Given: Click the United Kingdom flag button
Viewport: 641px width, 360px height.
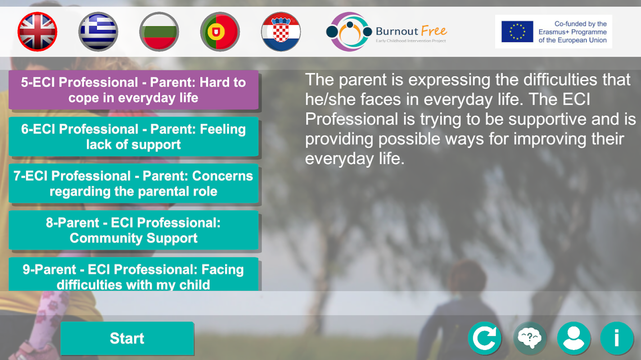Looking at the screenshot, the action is click(x=37, y=31).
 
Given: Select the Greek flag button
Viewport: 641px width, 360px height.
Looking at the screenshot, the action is click(x=98, y=31).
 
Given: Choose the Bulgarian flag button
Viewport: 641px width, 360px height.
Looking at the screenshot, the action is click(x=159, y=31).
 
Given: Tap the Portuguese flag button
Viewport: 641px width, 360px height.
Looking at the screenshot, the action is click(x=220, y=31).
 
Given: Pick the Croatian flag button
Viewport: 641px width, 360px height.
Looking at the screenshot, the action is click(x=281, y=31).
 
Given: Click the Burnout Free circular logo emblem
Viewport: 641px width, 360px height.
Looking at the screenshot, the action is click(x=349, y=31).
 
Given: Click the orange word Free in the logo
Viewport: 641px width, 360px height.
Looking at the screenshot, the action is click(x=434, y=31).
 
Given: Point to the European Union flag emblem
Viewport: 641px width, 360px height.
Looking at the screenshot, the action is click(x=517, y=31).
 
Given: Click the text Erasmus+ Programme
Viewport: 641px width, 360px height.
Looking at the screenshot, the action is click(x=573, y=32).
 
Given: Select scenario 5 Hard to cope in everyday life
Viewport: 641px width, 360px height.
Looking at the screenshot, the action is click(x=133, y=90).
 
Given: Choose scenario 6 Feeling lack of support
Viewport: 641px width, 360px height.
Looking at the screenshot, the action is click(x=133, y=136).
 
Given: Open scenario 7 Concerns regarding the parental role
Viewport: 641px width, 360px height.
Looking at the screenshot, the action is click(x=133, y=184).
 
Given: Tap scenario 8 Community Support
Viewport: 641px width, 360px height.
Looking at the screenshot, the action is click(x=133, y=230).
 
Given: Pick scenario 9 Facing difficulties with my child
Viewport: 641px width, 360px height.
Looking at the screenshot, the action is click(x=133, y=274).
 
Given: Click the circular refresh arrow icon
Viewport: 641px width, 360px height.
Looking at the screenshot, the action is click(x=485, y=338).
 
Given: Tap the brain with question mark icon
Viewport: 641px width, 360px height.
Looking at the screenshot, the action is click(x=530, y=338).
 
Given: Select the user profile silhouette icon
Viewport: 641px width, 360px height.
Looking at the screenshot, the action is click(x=574, y=338).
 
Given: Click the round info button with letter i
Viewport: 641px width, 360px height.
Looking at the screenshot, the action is click(x=617, y=338).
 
